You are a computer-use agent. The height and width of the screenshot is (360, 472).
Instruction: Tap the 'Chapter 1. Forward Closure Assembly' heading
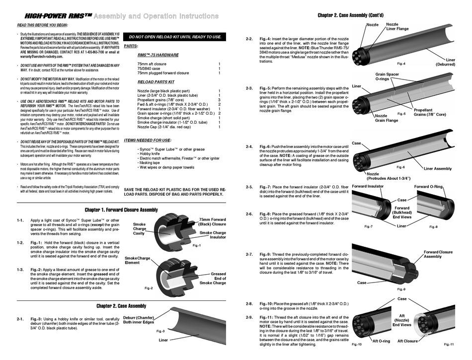point(121,210)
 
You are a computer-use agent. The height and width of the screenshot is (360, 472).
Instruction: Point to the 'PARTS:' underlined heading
point(131,46)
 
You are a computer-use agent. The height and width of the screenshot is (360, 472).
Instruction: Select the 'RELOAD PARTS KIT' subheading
point(156,81)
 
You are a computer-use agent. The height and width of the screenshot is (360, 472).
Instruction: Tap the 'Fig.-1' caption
point(196,245)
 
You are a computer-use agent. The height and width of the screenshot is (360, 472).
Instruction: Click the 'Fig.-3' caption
point(160,331)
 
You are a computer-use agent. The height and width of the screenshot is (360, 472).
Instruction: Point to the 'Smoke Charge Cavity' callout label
point(140,229)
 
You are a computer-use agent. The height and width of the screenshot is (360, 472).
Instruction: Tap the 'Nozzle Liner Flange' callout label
point(397,26)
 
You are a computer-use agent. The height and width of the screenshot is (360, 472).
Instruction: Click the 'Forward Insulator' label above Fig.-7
point(367,186)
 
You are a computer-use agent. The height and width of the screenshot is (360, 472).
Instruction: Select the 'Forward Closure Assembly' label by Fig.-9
point(438,254)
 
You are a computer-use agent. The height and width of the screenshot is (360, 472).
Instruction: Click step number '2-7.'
point(249,254)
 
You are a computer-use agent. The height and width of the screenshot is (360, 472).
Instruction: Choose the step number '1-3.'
point(20,270)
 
